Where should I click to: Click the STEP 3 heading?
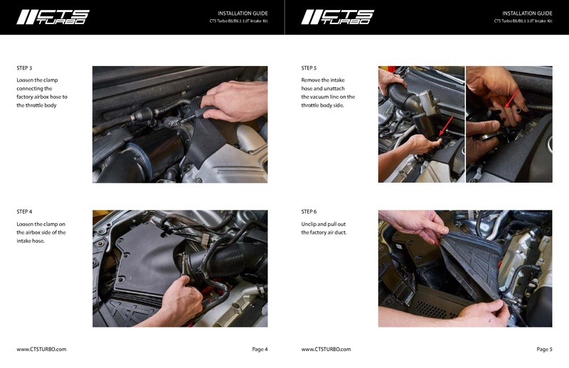pyautogui.click(x=24, y=68)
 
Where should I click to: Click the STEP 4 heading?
pyautogui.click(x=24, y=212)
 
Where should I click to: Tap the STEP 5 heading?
pyautogui.click(x=309, y=68)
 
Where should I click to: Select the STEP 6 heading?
pyautogui.click(x=309, y=212)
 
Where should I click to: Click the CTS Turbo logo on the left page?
pyautogui.click(x=53, y=17)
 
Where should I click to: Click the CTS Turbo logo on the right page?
pyautogui.click(x=337, y=17)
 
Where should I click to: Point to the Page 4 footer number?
pyautogui.click(x=260, y=350)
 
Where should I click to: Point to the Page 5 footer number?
pyautogui.click(x=544, y=350)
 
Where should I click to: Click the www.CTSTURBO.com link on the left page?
pyautogui.click(x=41, y=350)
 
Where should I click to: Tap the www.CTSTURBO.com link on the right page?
pyautogui.click(x=326, y=350)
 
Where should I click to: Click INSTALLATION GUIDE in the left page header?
pyautogui.click(x=243, y=13)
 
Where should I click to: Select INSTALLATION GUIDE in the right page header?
pyautogui.click(x=527, y=13)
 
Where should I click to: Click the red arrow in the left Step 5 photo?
pyautogui.click(x=445, y=129)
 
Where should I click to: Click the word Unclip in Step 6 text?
pyautogui.click(x=310, y=224)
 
